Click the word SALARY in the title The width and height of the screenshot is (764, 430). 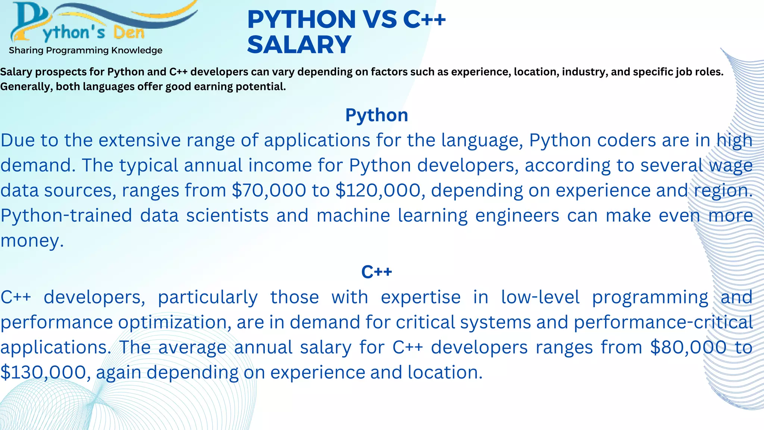(x=299, y=44)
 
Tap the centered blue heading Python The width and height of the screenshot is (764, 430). (x=376, y=115)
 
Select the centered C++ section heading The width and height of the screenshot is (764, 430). (x=376, y=272)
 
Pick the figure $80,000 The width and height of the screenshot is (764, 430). (x=688, y=347)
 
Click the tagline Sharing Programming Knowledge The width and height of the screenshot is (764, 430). (x=85, y=50)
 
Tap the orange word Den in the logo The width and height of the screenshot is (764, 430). (x=129, y=33)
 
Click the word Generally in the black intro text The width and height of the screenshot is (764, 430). (x=26, y=87)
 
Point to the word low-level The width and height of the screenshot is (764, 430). (x=540, y=297)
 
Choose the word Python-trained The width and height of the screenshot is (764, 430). (x=66, y=216)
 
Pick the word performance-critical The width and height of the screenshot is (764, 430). (x=663, y=322)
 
